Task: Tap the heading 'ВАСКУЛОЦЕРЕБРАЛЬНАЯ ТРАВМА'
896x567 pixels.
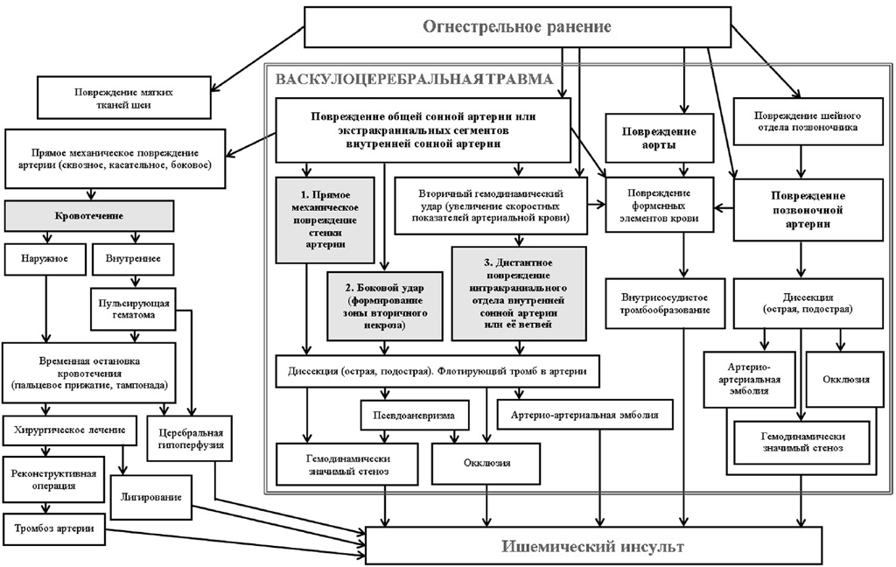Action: (414, 80)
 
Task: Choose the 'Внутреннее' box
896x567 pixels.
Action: (132, 259)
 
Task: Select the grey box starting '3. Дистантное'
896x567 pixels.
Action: (518, 293)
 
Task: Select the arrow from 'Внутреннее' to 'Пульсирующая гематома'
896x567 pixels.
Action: (132, 280)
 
